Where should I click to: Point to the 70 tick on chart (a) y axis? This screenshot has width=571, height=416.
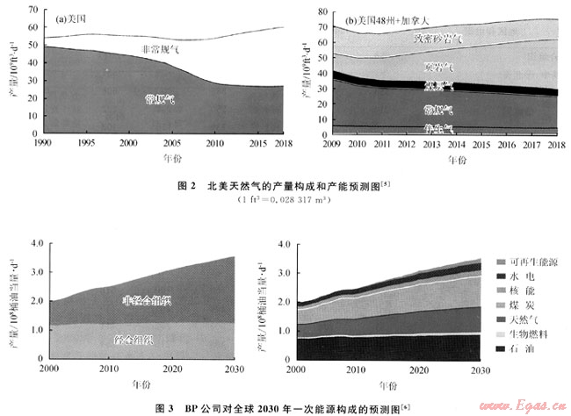pyautogui.click(x=33, y=11)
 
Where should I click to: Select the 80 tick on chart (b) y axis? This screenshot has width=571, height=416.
pyautogui.click(x=320, y=11)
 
